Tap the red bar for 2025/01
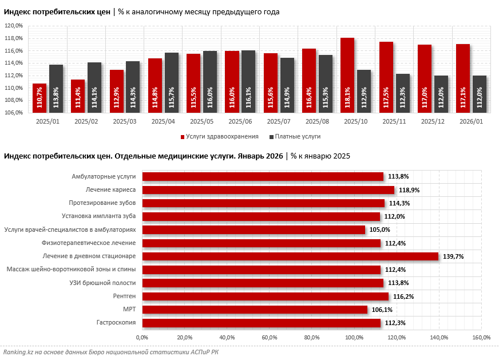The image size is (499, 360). click(39, 98)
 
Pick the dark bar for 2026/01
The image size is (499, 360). click(480, 94)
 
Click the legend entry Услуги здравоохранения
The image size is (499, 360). click(220, 137)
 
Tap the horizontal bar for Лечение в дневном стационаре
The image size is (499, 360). click(290, 256)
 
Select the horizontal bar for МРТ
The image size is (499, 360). click(255, 310)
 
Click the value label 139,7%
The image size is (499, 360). click(453, 256)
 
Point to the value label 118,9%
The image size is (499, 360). click(409, 190)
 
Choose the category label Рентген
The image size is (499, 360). click(124, 296)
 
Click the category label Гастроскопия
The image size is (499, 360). click(116, 323)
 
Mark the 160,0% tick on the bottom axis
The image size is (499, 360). click(481, 337)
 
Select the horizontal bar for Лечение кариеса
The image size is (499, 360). click(268, 190)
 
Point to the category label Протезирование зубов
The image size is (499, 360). click(102, 203)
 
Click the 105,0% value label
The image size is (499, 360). click(380, 230)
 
